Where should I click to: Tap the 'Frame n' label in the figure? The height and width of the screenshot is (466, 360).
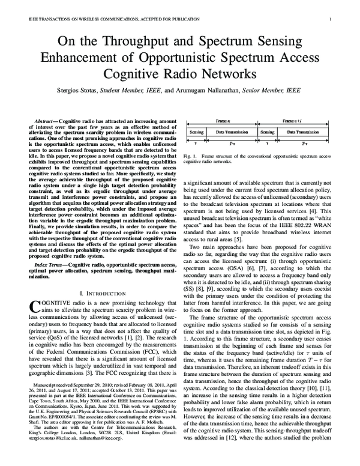pos(222,120)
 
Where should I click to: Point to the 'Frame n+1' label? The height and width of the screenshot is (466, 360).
pos(294,120)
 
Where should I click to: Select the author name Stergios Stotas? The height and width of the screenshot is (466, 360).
pos(89,91)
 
